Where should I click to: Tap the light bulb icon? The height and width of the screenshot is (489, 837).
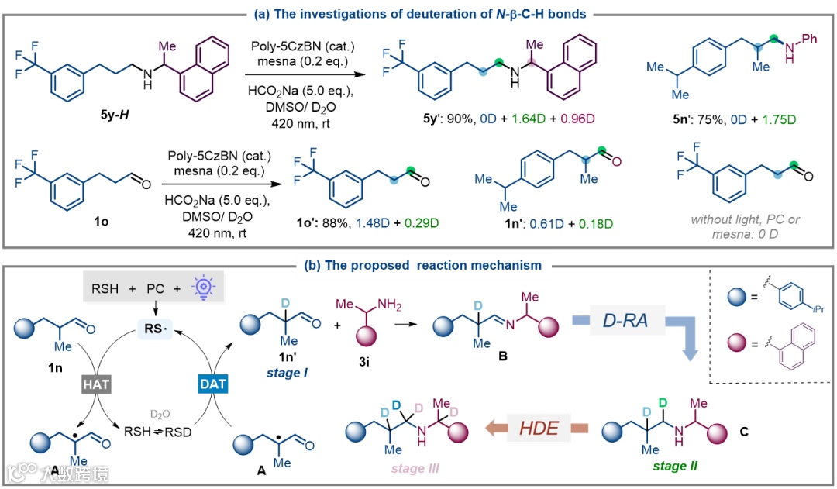183,285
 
